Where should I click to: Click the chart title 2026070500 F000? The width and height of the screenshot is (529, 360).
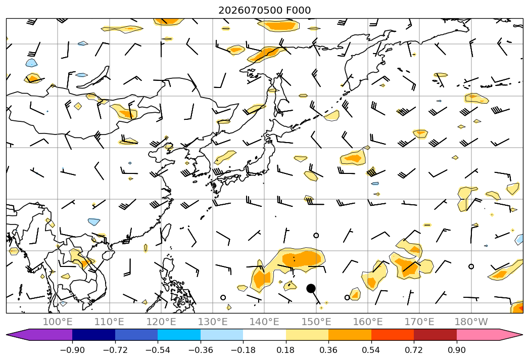pyautogui.click(x=265, y=10)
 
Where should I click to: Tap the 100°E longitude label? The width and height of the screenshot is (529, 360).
pyautogui.click(x=58, y=322)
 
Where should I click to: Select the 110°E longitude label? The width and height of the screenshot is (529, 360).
pyautogui.click(x=109, y=322)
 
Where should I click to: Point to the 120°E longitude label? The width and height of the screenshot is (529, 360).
pyautogui.click(x=161, y=322)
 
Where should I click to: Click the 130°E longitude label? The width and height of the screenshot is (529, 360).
pyautogui.click(x=213, y=322)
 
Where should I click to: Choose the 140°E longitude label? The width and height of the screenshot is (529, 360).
pyautogui.click(x=265, y=322)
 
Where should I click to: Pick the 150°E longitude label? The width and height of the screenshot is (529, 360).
pyautogui.click(x=316, y=322)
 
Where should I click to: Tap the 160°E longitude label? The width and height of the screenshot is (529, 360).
pyautogui.click(x=368, y=322)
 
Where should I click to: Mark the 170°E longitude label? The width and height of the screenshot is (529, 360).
pyautogui.click(x=419, y=322)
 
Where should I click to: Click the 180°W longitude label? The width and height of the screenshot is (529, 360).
pyautogui.click(x=471, y=322)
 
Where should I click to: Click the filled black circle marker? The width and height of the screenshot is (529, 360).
pyautogui.click(x=311, y=288)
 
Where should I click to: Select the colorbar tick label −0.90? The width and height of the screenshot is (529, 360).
pyautogui.click(x=72, y=350)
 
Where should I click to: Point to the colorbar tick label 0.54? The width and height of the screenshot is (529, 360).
pyautogui.click(x=371, y=350)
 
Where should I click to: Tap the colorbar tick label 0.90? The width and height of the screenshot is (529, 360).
pyautogui.click(x=456, y=350)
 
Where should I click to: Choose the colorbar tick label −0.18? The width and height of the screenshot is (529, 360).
pyautogui.click(x=243, y=350)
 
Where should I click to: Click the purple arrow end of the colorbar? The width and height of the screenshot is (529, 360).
pyautogui.click(x=20, y=335)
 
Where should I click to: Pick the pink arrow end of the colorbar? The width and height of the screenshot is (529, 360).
pyautogui.click(x=509, y=335)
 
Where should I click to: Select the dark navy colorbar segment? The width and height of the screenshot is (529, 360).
pyautogui.click(x=94, y=335)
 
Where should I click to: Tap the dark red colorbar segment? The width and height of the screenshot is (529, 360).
pyautogui.click(x=435, y=335)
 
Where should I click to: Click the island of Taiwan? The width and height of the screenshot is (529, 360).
pyautogui.click(x=166, y=233)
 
